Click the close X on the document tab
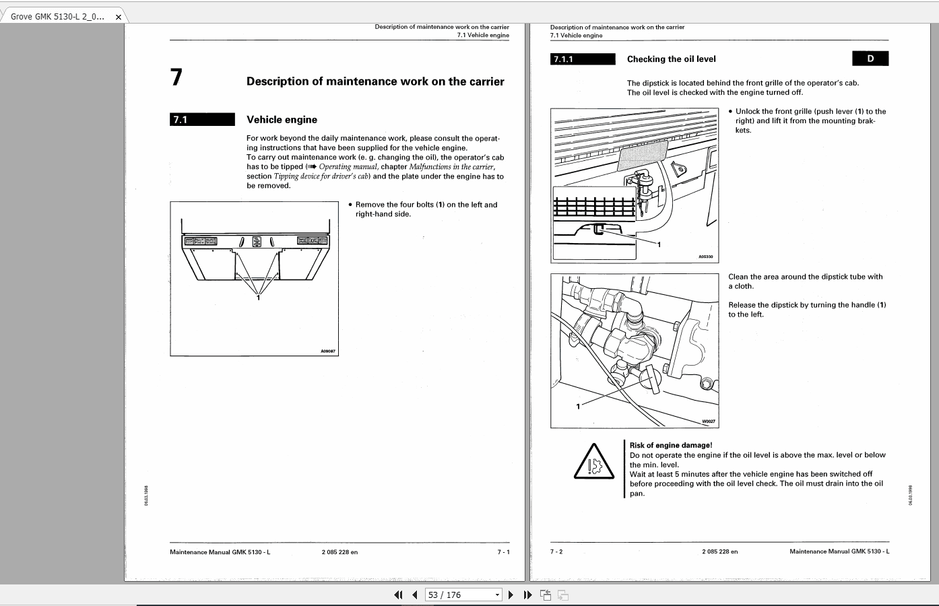click(119, 17)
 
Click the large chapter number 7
click(176, 77)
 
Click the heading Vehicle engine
click(282, 120)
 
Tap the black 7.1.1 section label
click(583, 59)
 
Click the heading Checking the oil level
click(671, 59)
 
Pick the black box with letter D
click(870, 59)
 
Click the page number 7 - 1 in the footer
click(503, 552)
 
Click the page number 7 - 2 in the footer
click(556, 551)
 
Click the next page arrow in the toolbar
click(511, 595)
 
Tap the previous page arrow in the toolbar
click(415, 595)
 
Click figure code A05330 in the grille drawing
click(705, 257)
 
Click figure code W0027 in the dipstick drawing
click(708, 422)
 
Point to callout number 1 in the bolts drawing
click(258, 298)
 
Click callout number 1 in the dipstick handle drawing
click(578, 406)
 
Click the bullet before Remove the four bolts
click(350, 205)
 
